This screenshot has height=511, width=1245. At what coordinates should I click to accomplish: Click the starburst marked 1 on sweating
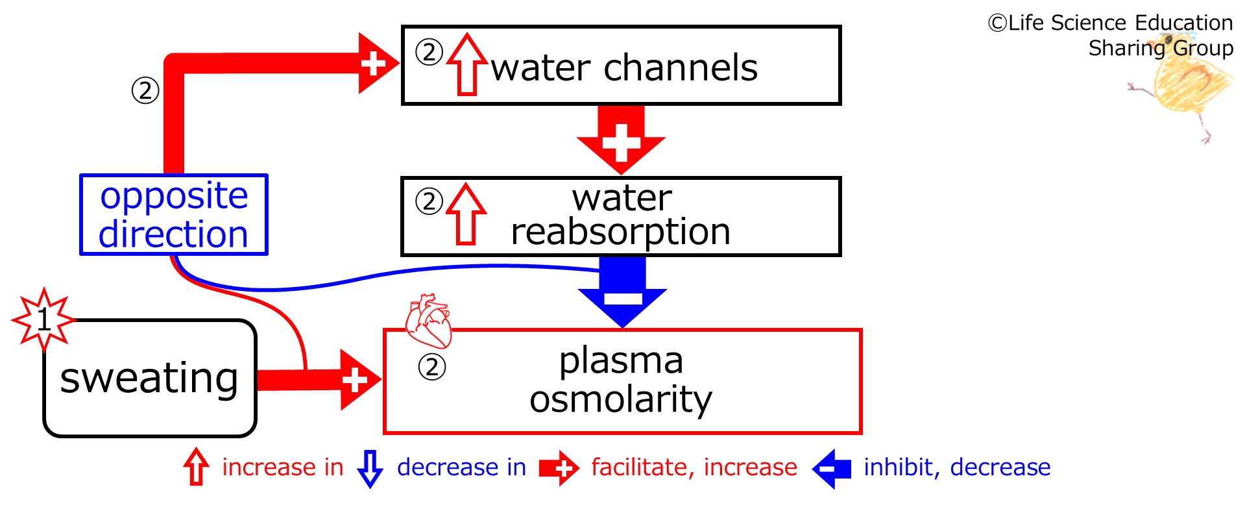click(43, 319)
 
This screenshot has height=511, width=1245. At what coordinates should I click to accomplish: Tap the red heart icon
click(428, 321)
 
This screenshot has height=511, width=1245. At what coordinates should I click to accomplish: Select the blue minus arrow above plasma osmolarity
click(622, 292)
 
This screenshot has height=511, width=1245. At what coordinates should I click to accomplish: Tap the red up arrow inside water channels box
click(467, 64)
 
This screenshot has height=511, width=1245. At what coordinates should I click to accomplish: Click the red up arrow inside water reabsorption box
click(466, 214)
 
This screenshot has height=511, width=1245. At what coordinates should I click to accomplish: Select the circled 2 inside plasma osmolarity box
click(432, 368)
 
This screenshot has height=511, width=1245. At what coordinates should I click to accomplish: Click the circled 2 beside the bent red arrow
click(145, 90)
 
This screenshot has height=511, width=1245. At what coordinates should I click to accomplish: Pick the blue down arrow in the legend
click(370, 468)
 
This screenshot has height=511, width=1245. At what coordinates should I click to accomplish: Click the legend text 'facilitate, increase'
click(694, 467)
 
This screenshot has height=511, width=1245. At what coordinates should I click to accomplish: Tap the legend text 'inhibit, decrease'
click(957, 467)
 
